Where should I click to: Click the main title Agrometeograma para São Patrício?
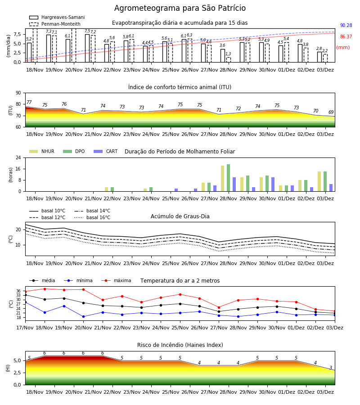tap(180, 8)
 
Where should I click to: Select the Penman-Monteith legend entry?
tap(55, 24)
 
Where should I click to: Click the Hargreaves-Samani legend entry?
tap(57, 17)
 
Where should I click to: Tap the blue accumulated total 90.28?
tap(346, 25)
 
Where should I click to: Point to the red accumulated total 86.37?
tap(346, 37)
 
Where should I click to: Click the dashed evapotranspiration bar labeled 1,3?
tap(229, 60)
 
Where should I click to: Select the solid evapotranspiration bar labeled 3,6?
tap(223, 55)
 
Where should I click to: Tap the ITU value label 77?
tap(29, 102)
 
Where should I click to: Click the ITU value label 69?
tap(331, 112)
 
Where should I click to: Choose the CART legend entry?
tap(106, 151)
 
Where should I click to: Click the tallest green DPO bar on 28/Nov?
tap(228, 178)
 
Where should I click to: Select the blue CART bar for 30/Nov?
tap(273, 184)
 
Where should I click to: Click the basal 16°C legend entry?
tap(92, 217)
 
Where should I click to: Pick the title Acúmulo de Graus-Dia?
tap(180, 216)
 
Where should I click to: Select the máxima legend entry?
tap(116, 280)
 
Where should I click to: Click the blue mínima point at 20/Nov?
tap(83, 317)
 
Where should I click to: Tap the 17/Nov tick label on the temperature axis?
tap(25, 328)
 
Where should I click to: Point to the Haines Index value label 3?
tap(331, 368)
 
